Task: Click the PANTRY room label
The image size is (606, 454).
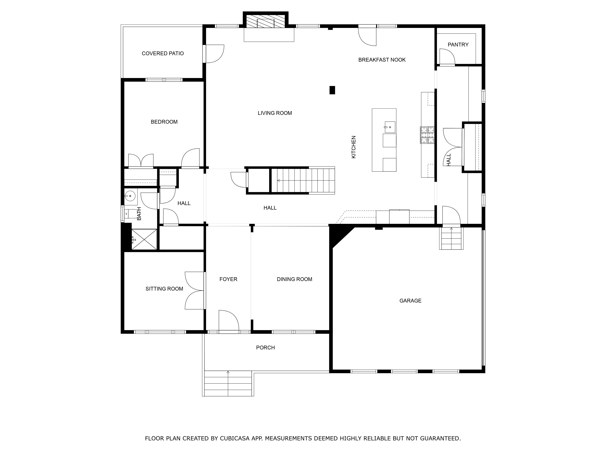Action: tap(458, 45)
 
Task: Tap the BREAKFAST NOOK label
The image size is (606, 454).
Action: tap(382, 60)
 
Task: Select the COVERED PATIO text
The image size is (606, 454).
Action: tap(163, 53)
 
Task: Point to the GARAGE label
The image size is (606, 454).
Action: tap(410, 301)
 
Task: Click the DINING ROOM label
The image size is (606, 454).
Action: tap(295, 279)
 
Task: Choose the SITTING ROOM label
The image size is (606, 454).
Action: tap(164, 289)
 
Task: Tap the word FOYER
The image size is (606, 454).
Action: tap(228, 279)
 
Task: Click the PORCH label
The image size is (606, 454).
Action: tap(265, 348)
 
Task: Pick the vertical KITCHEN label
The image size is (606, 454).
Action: tap(353, 147)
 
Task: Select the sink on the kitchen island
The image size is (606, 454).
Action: tap(390, 127)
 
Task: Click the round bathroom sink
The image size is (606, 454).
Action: tap(130, 196)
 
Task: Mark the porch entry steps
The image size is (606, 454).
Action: tap(228, 383)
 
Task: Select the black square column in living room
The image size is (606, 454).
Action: tap(332, 90)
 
